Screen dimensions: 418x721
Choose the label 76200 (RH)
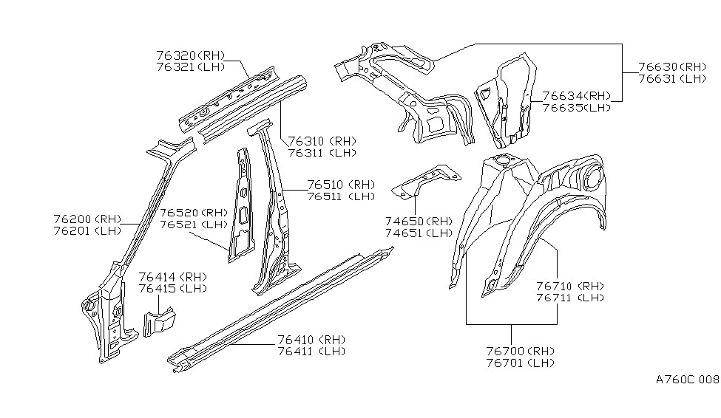(x=87, y=219)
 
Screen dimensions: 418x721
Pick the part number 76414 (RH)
(x=172, y=276)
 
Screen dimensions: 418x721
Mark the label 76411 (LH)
(x=311, y=352)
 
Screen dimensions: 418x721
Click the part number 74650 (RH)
(x=419, y=221)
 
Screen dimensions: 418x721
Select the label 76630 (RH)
(x=671, y=66)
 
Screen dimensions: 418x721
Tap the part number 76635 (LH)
(x=576, y=108)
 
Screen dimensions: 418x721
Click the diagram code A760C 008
(x=687, y=380)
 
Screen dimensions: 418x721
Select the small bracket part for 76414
(x=157, y=322)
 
